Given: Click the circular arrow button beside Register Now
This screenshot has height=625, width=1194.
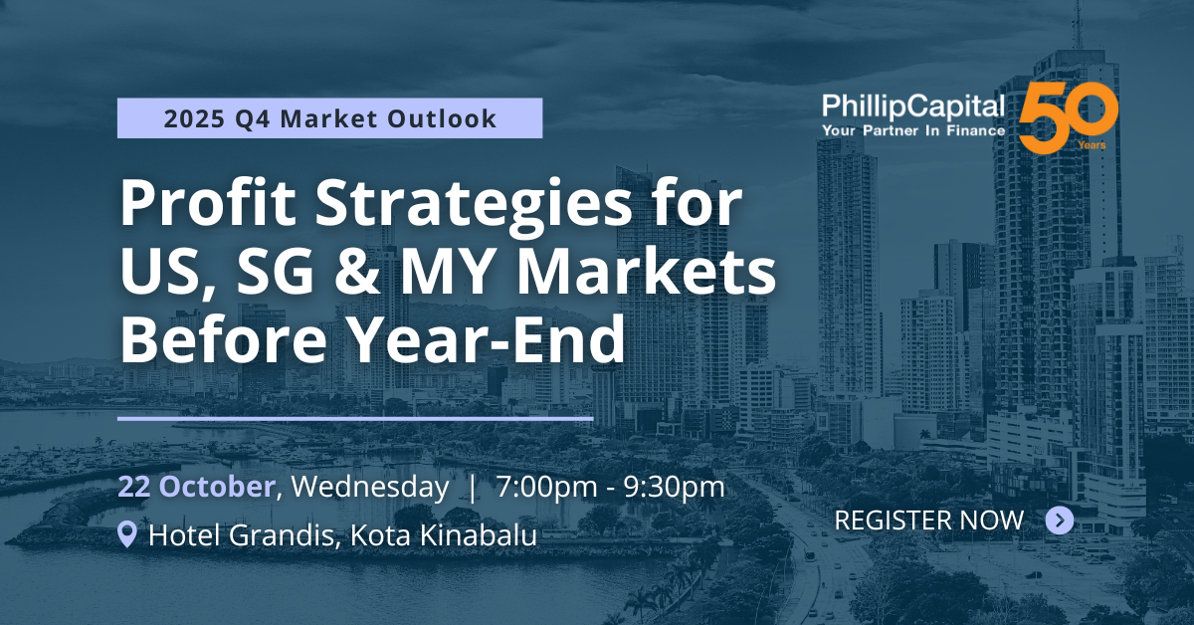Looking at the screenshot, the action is [x=1060, y=520].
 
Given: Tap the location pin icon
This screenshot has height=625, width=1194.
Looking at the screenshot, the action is [x=127, y=534].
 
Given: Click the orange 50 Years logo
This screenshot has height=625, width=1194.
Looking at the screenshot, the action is [x=1069, y=117].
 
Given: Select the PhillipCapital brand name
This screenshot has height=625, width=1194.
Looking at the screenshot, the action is [x=913, y=106].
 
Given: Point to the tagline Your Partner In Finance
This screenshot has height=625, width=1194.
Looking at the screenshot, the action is [x=913, y=130].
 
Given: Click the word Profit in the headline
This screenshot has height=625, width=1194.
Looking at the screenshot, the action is [x=208, y=203].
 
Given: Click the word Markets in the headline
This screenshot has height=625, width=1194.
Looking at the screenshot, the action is [x=647, y=271].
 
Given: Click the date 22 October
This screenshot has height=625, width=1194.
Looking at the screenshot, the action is [x=196, y=487].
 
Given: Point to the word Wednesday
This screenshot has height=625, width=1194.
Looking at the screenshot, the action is [x=370, y=487].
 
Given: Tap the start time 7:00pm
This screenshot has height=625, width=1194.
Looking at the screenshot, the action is [x=546, y=488].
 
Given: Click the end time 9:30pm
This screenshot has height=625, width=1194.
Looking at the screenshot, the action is [x=674, y=488].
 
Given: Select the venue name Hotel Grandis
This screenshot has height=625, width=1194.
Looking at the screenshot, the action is [x=241, y=534].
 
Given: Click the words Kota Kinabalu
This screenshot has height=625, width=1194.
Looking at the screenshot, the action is [x=444, y=534].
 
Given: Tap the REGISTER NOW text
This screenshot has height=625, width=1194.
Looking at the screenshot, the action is [x=929, y=520].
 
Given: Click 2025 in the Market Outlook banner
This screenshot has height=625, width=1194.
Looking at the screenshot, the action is [x=195, y=118].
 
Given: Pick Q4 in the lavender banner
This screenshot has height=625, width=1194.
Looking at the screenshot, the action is [x=253, y=118].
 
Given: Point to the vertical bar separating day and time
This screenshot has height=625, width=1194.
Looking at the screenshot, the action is [x=473, y=488].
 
